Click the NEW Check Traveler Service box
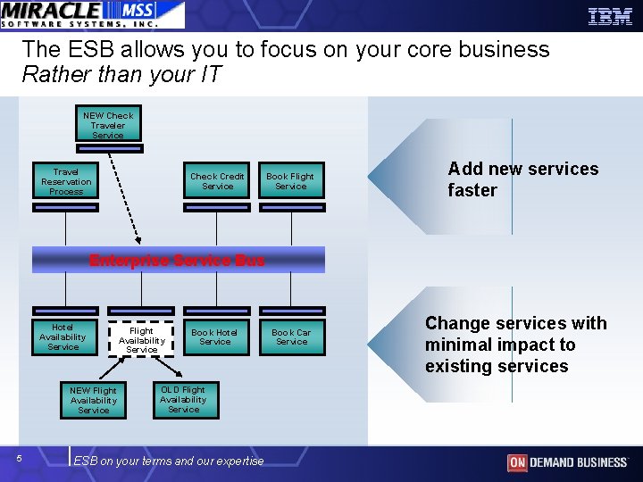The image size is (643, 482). (x=108, y=126)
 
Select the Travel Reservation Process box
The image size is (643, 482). (x=66, y=182)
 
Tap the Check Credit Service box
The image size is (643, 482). (x=217, y=182)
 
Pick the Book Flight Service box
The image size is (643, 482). (x=290, y=182)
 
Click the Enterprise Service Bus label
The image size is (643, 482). (x=177, y=261)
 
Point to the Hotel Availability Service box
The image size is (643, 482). (x=63, y=337)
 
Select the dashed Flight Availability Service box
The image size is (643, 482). (x=141, y=340)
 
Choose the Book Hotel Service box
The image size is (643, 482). (x=214, y=337)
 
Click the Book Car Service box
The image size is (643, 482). (x=291, y=337)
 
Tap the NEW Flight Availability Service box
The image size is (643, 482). (x=93, y=401)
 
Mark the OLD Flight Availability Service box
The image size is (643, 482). (x=183, y=399)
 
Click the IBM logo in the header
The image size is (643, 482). (x=610, y=15)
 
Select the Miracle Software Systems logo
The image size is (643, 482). (x=92, y=14)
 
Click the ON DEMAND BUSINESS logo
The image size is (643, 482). (x=567, y=462)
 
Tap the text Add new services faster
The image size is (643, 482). (x=522, y=179)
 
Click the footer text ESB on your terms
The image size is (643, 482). (x=169, y=461)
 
